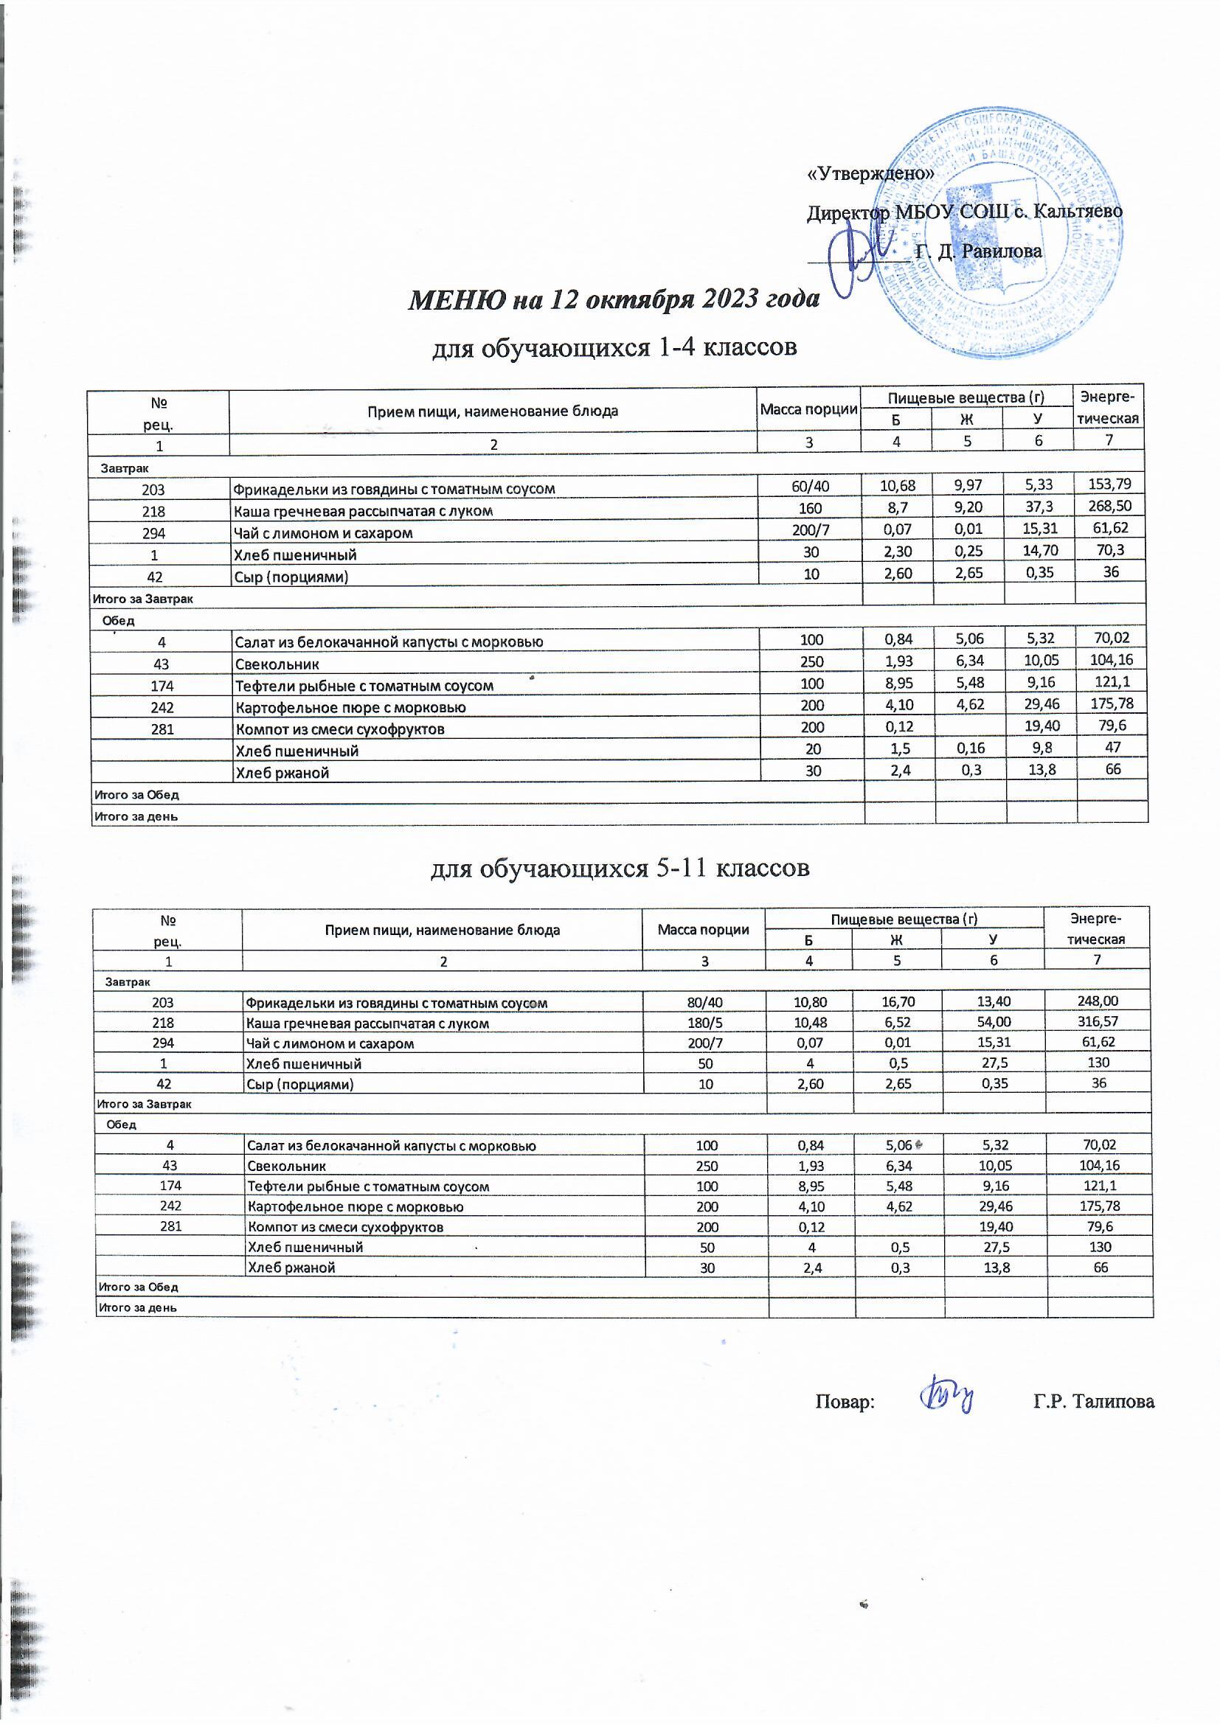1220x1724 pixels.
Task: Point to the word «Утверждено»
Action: click(x=870, y=173)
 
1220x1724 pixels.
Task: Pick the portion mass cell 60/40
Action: click(x=811, y=487)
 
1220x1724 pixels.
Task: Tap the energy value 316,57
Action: click(x=1097, y=1022)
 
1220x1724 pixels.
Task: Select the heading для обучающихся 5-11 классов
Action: click(x=620, y=868)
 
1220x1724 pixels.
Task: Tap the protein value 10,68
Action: click(x=897, y=486)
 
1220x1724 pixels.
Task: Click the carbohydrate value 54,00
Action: click(x=993, y=1022)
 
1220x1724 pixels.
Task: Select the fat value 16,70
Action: click(x=897, y=1001)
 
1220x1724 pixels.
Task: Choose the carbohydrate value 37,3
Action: click(x=1039, y=507)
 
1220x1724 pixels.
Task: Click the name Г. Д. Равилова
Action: click(x=980, y=251)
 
